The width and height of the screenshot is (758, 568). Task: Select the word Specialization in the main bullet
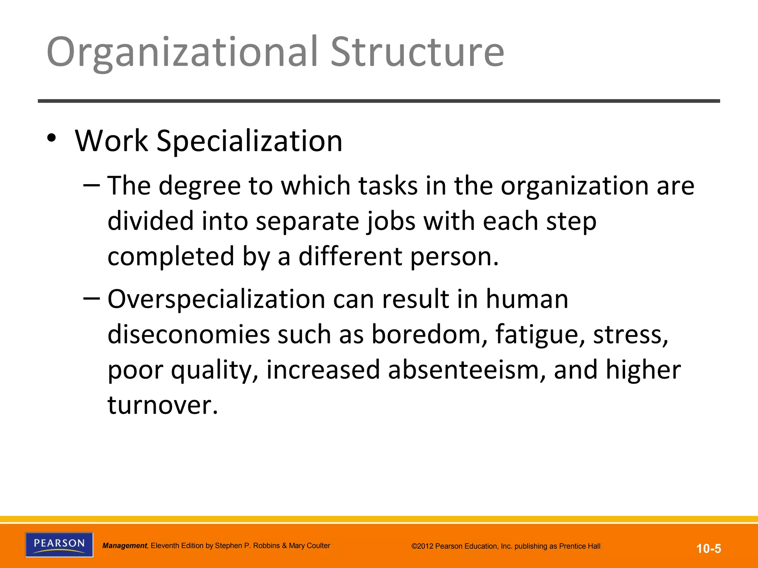(249, 141)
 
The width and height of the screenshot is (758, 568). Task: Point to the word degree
(200, 186)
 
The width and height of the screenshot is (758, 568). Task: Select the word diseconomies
(189, 335)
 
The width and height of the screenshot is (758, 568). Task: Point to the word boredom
(429, 335)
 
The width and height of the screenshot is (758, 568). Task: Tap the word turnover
(163, 405)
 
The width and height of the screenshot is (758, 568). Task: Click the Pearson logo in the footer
(59, 544)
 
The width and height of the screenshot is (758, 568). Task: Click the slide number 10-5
(709, 548)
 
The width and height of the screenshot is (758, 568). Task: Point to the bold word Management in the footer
(125, 546)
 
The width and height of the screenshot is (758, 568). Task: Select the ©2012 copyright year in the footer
(422, 546)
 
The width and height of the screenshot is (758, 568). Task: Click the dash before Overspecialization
(91, 298)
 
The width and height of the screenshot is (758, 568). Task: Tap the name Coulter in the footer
(317, 546)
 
